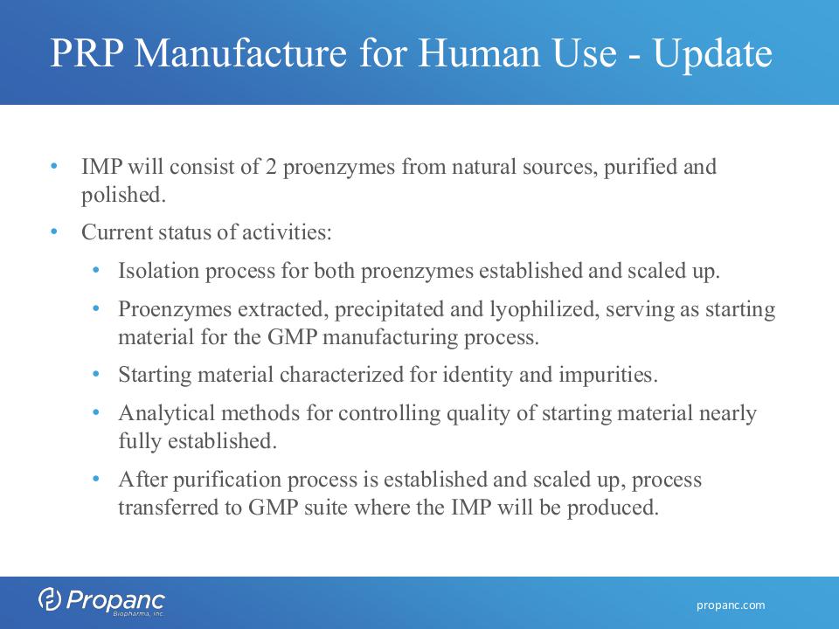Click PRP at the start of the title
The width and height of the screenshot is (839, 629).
[x=87, y=52]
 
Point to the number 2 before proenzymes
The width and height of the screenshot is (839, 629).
[x=271, y=167]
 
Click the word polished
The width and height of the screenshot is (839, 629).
[x=123, y=195]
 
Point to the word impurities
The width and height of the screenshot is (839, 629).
[x=608, y=376]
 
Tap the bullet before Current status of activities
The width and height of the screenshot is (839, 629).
[x=54, y=232]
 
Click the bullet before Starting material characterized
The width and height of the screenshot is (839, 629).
[x=96, y=375]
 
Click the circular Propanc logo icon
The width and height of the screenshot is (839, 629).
[x=50, y=598]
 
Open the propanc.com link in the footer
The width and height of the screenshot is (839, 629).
[x=731, y=605]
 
